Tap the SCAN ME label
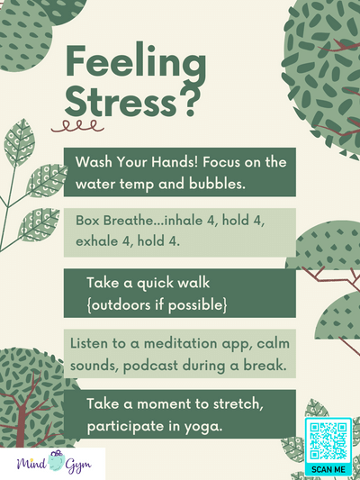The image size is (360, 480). pos(327,469)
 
